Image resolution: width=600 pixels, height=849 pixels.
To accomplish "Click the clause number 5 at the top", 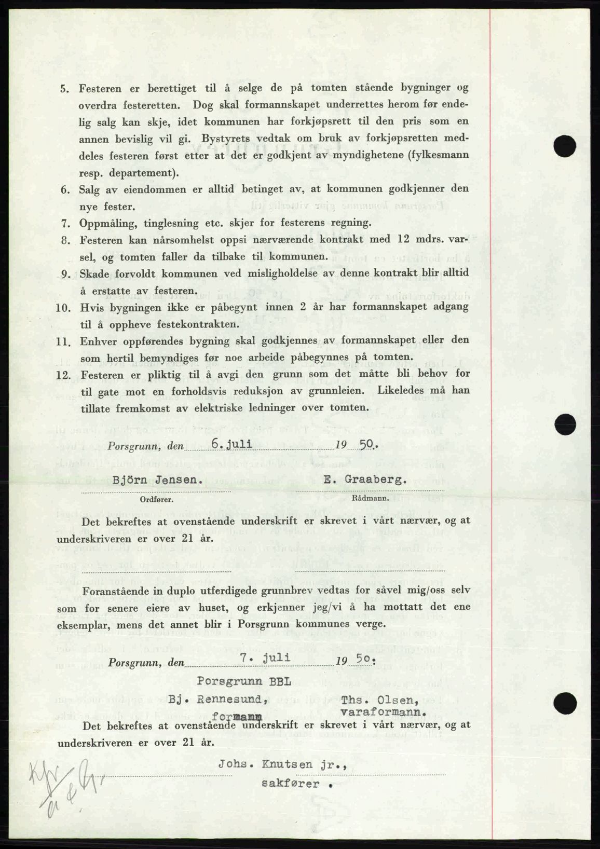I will [64, 89].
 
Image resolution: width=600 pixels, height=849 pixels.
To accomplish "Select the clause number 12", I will [63, 374].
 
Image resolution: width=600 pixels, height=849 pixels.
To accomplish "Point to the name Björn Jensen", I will [156, 481].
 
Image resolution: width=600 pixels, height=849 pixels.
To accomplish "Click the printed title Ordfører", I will [156, 500].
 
